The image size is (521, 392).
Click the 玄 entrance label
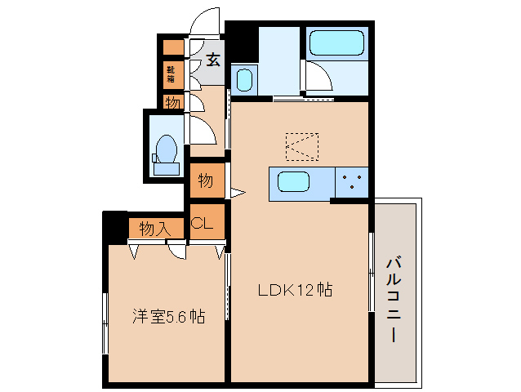click(212, 60)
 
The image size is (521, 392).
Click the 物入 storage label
click(154, 228)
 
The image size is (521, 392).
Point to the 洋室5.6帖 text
click(168, 316)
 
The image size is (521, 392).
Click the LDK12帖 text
click(295, 289)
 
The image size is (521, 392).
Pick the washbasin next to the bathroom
click(244, 81)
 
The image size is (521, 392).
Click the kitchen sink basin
click(292, 181)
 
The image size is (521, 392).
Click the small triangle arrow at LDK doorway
click(237, 194)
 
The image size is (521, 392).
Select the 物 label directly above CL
click(205, 180)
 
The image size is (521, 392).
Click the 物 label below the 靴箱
click(172, 103)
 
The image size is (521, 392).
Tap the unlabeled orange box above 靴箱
click(172, 47)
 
